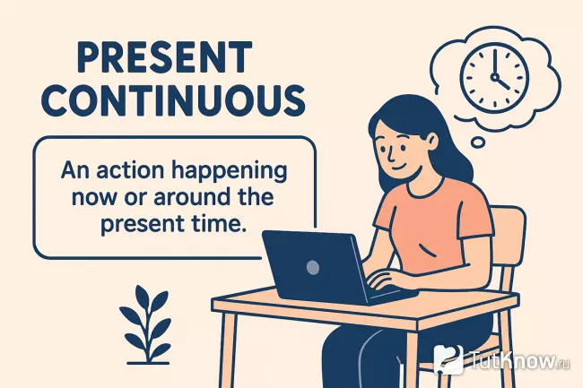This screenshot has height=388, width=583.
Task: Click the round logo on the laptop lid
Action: tap(312, 266)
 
